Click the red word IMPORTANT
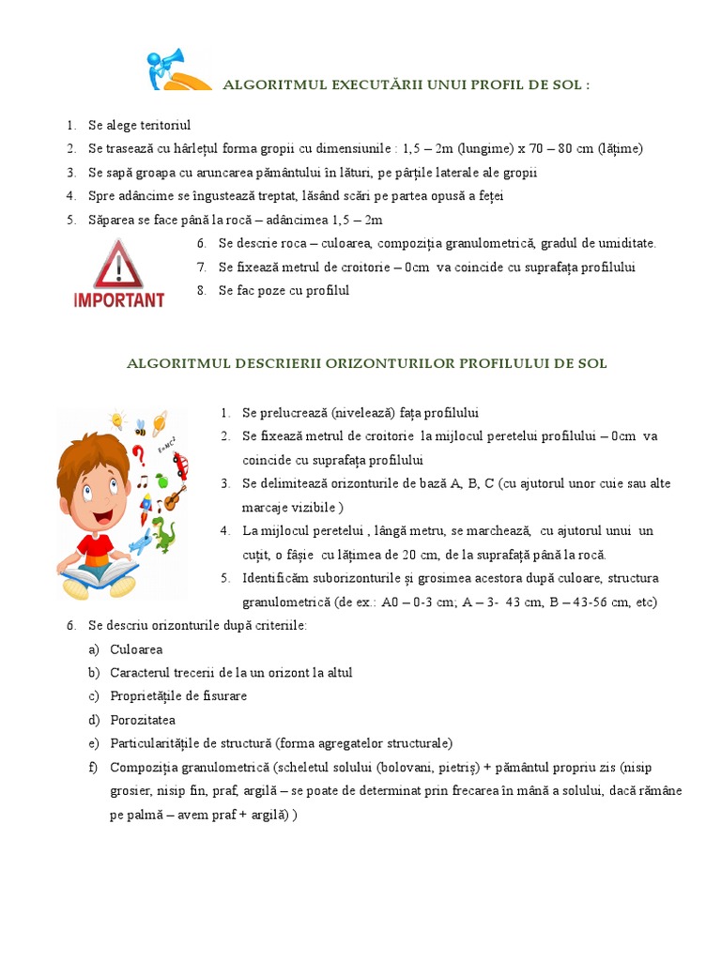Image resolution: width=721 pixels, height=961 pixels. click(x=118, y=300)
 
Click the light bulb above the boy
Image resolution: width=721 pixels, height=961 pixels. click(x=116, y=419)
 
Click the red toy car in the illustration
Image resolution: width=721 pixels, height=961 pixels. click(x=180, y=463)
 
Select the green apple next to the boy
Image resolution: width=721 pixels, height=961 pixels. click(x=161, y=481)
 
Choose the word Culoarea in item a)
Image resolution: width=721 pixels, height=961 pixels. click(x=136, y=648)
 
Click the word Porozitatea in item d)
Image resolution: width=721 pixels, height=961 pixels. click(x=143, y=720)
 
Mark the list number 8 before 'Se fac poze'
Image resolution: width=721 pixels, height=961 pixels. click(x=201, y=291)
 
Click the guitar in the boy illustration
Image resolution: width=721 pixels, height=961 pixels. click(x=172, y=497)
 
